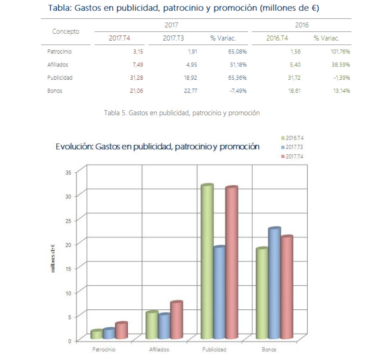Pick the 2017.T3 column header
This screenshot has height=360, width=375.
(x=173, y=38)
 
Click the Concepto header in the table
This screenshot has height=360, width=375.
(x=65, y=31)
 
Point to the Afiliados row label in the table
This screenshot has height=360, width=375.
(x=58, y=65)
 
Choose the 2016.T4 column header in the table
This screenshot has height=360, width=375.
(x=277, y=38)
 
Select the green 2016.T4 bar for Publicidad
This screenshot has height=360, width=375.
(x=207, y=263)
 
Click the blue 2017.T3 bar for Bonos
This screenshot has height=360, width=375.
(x=274, y=286)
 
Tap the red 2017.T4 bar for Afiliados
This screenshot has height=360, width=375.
(x=177, y=320)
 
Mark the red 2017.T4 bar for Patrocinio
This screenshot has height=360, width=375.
(x=121, y=330)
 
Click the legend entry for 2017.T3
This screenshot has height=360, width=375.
(x=293, y=148)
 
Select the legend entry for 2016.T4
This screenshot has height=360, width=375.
(x=293, y=138)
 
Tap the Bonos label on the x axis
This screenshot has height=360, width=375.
(x=269, y=349)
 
